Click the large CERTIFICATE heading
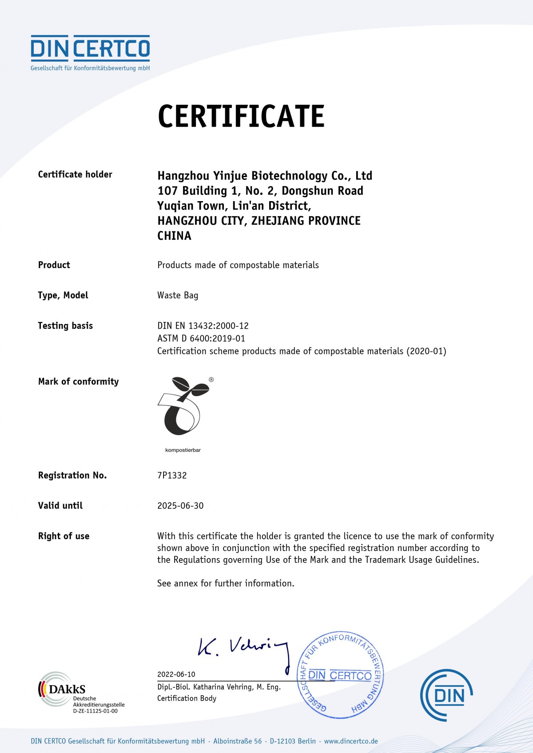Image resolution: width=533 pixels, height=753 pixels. tap(241, 116)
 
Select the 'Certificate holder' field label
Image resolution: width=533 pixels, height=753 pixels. tap(75, 174)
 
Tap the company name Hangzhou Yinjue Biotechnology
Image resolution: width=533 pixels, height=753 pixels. tap(265, 176)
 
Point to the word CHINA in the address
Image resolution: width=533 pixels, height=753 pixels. tap(174, 236)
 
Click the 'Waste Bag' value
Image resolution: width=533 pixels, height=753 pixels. tap(178, 295)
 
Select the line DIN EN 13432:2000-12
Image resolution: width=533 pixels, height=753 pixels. tap(203, 326)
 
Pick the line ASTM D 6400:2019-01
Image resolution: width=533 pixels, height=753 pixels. tap(201, 338)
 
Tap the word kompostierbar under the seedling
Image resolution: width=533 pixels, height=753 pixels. tap(183, 450)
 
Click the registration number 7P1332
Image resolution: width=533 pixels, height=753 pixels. tap(172, 476)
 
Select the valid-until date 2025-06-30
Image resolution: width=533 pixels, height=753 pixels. tap(180, 506)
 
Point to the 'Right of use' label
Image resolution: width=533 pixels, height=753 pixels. tap(64, 536)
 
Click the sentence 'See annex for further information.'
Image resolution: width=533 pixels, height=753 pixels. tap(226, 583)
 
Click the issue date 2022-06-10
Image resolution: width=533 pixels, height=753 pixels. tap(176, 674)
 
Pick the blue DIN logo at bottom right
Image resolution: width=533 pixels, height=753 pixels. tap(446, 695)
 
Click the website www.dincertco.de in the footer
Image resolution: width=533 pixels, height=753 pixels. tap(351, 741)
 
